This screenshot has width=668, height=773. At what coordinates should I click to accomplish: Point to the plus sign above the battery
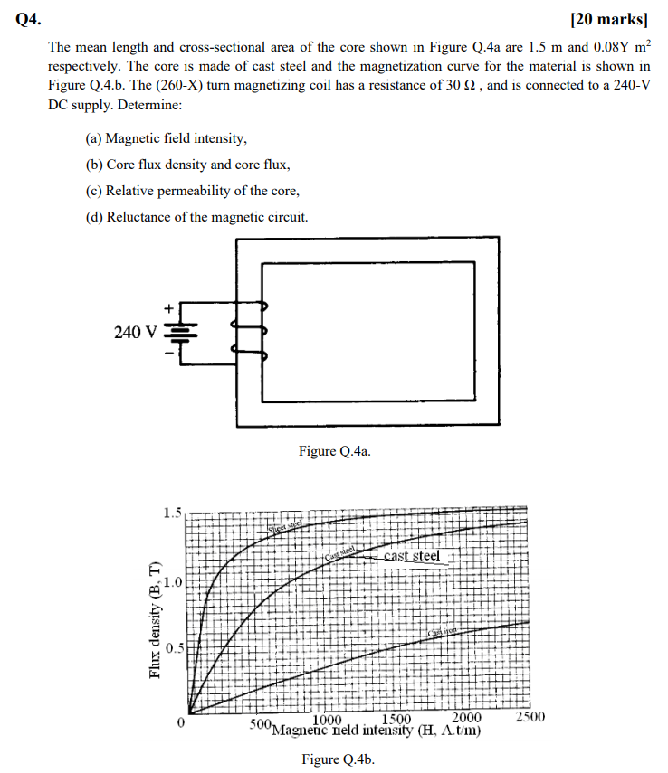[x=167, y=310]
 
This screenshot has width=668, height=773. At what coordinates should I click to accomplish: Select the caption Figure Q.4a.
[x=335, y=451]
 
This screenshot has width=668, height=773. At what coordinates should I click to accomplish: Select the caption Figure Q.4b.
[x=337, y=759]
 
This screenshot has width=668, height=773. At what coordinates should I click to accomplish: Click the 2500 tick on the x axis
[x=530, y=717]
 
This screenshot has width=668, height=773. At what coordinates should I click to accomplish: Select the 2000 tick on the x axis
[x=466, y=719]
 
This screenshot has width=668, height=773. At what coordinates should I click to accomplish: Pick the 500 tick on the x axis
[x=261, y=725]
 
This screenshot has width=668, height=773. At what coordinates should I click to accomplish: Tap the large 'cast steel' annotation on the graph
[x=412, y=556]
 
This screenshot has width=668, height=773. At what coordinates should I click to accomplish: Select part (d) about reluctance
[x=196, y=217]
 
